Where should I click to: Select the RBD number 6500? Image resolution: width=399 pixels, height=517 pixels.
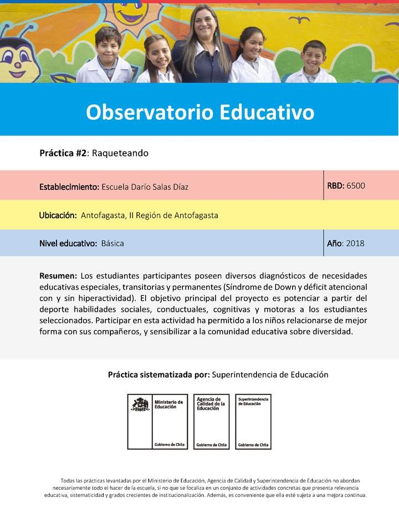(x=356, y=186)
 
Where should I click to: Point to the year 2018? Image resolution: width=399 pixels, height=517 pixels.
(x=355, y=243)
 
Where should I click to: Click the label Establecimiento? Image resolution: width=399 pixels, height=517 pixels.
(x=69, y=187)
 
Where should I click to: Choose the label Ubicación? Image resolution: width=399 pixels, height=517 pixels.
(x=58, y=215)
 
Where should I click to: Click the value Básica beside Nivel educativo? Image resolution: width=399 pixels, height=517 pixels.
(x=112, y=244)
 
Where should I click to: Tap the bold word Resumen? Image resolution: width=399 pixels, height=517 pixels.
(x=58, y=276)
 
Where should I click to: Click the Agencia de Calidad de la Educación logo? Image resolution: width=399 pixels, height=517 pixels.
(x=211, y=422)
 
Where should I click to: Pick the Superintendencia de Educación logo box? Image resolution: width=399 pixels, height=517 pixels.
(x=253, y=422)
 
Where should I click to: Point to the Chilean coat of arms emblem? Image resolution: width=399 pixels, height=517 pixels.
(x=140, y=404)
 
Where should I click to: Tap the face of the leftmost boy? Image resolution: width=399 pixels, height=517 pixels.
(x=108, y=44)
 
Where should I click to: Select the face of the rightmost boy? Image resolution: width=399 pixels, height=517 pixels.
(x=314, y=57)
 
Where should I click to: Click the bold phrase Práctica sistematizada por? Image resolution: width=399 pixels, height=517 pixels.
(x=158, y=374)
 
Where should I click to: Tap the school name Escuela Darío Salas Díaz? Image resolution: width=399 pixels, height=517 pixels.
(x=145, y=187)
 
